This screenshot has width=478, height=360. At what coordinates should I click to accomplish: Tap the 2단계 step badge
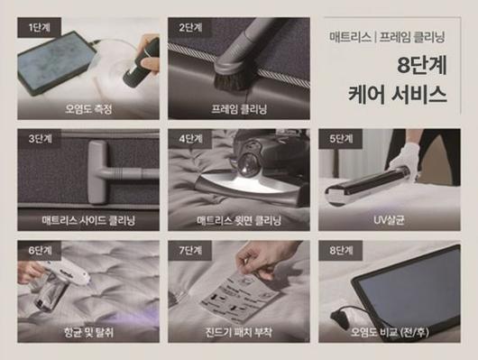(x=190, y=26)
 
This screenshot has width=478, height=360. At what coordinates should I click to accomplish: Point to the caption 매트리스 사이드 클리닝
(x=87, y=219)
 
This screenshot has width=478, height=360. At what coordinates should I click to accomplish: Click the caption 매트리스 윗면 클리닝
(x=237, y=219)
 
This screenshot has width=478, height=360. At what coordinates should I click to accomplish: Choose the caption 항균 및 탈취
(x=87, y=330)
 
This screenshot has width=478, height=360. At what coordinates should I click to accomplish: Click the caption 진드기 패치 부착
(x=237, y=330)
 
